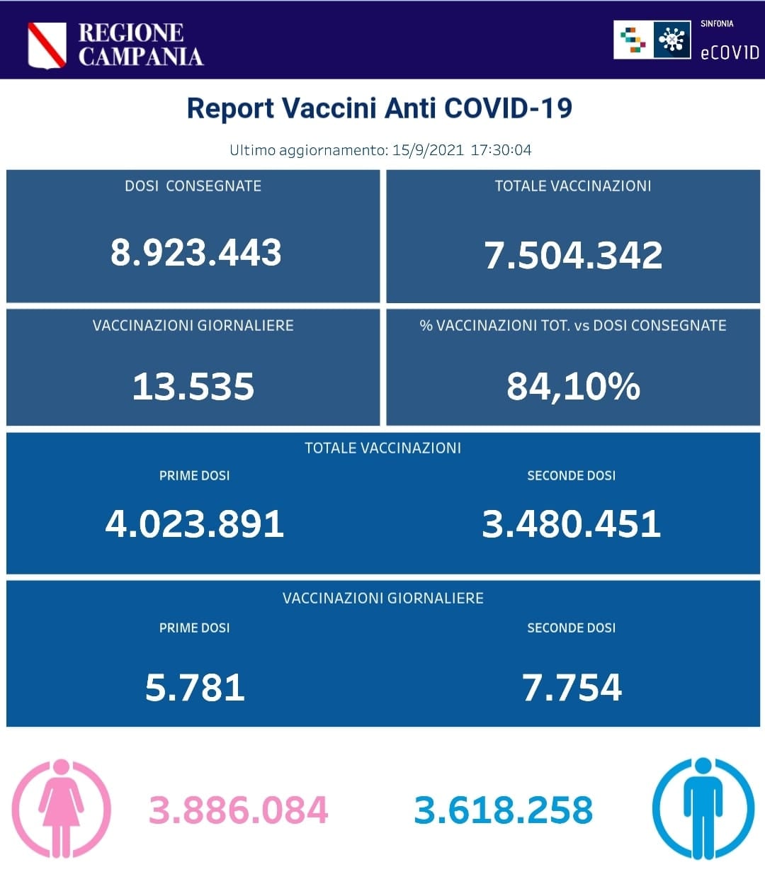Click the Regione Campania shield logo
47,45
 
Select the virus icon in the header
671,40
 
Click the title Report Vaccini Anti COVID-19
379,108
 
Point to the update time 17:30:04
501,150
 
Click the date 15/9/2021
428,150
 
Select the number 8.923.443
195,253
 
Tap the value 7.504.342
573,255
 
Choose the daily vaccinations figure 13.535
193,387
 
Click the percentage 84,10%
573,387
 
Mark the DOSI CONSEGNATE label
193,186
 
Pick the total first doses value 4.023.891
195,524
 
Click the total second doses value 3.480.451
571,524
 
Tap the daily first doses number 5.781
195,688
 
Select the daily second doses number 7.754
572,688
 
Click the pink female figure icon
61,808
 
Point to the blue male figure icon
703,808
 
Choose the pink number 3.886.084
238,810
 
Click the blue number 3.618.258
503,810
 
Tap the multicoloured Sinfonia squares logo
633,40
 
